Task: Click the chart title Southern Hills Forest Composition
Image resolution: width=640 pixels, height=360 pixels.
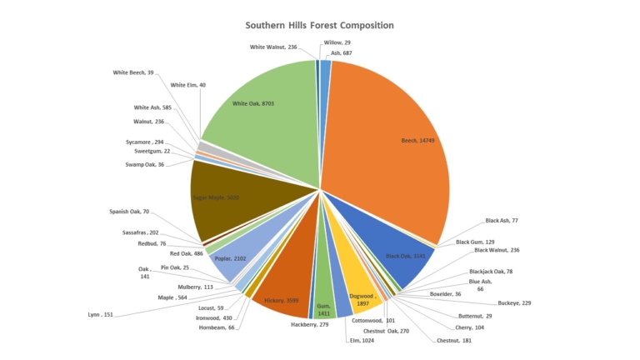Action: click(320, 26)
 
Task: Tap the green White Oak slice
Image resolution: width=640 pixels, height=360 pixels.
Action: click(258, 108)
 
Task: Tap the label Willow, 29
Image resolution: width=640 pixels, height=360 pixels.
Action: click(337, 42)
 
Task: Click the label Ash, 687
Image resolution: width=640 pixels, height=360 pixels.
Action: click(341, 52)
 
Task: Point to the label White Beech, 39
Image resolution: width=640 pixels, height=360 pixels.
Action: click(133, 72)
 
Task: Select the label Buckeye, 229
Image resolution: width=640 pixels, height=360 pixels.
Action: click(514, 303)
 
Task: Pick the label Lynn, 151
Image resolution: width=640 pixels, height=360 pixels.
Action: click(100, 314)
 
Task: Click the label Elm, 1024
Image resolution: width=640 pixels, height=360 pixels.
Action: click(363, 341)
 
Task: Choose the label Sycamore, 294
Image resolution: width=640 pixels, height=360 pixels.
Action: click(144, 142)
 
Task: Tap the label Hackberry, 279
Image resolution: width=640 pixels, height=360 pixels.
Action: click(309, 324)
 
